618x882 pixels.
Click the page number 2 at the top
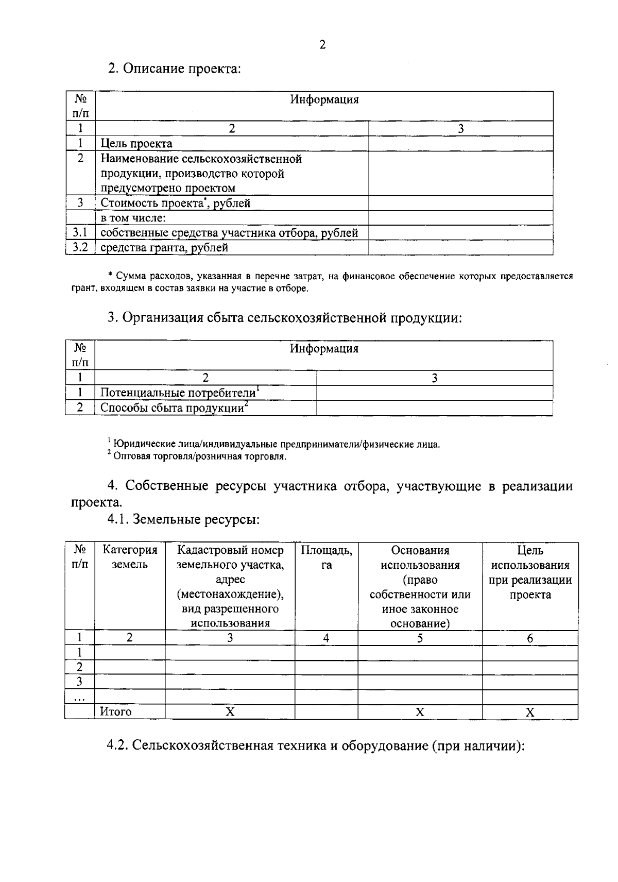(322, 45)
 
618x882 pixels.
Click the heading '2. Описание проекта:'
(174, 69)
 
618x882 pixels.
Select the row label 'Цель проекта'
(136, 144)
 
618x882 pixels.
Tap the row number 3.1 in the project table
(80, 233)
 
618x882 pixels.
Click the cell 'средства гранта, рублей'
(164, 248)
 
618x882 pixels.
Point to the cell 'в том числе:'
(132, 218)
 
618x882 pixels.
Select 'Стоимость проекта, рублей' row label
(175, 203)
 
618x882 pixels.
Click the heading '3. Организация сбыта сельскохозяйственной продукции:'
(285, 318)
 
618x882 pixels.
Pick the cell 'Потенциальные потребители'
(179, 393)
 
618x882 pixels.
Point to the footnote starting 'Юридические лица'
(276, 444)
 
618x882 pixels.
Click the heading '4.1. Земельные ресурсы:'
(183, 520)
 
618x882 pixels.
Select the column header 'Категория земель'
(130, 557)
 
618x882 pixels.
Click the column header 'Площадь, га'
(327, 557)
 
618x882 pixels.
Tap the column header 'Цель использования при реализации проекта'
(530, 572)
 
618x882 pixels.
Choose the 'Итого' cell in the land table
(116, 712)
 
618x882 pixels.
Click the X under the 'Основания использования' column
(420, 712)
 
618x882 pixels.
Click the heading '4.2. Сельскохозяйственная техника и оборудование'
(315, 747)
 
